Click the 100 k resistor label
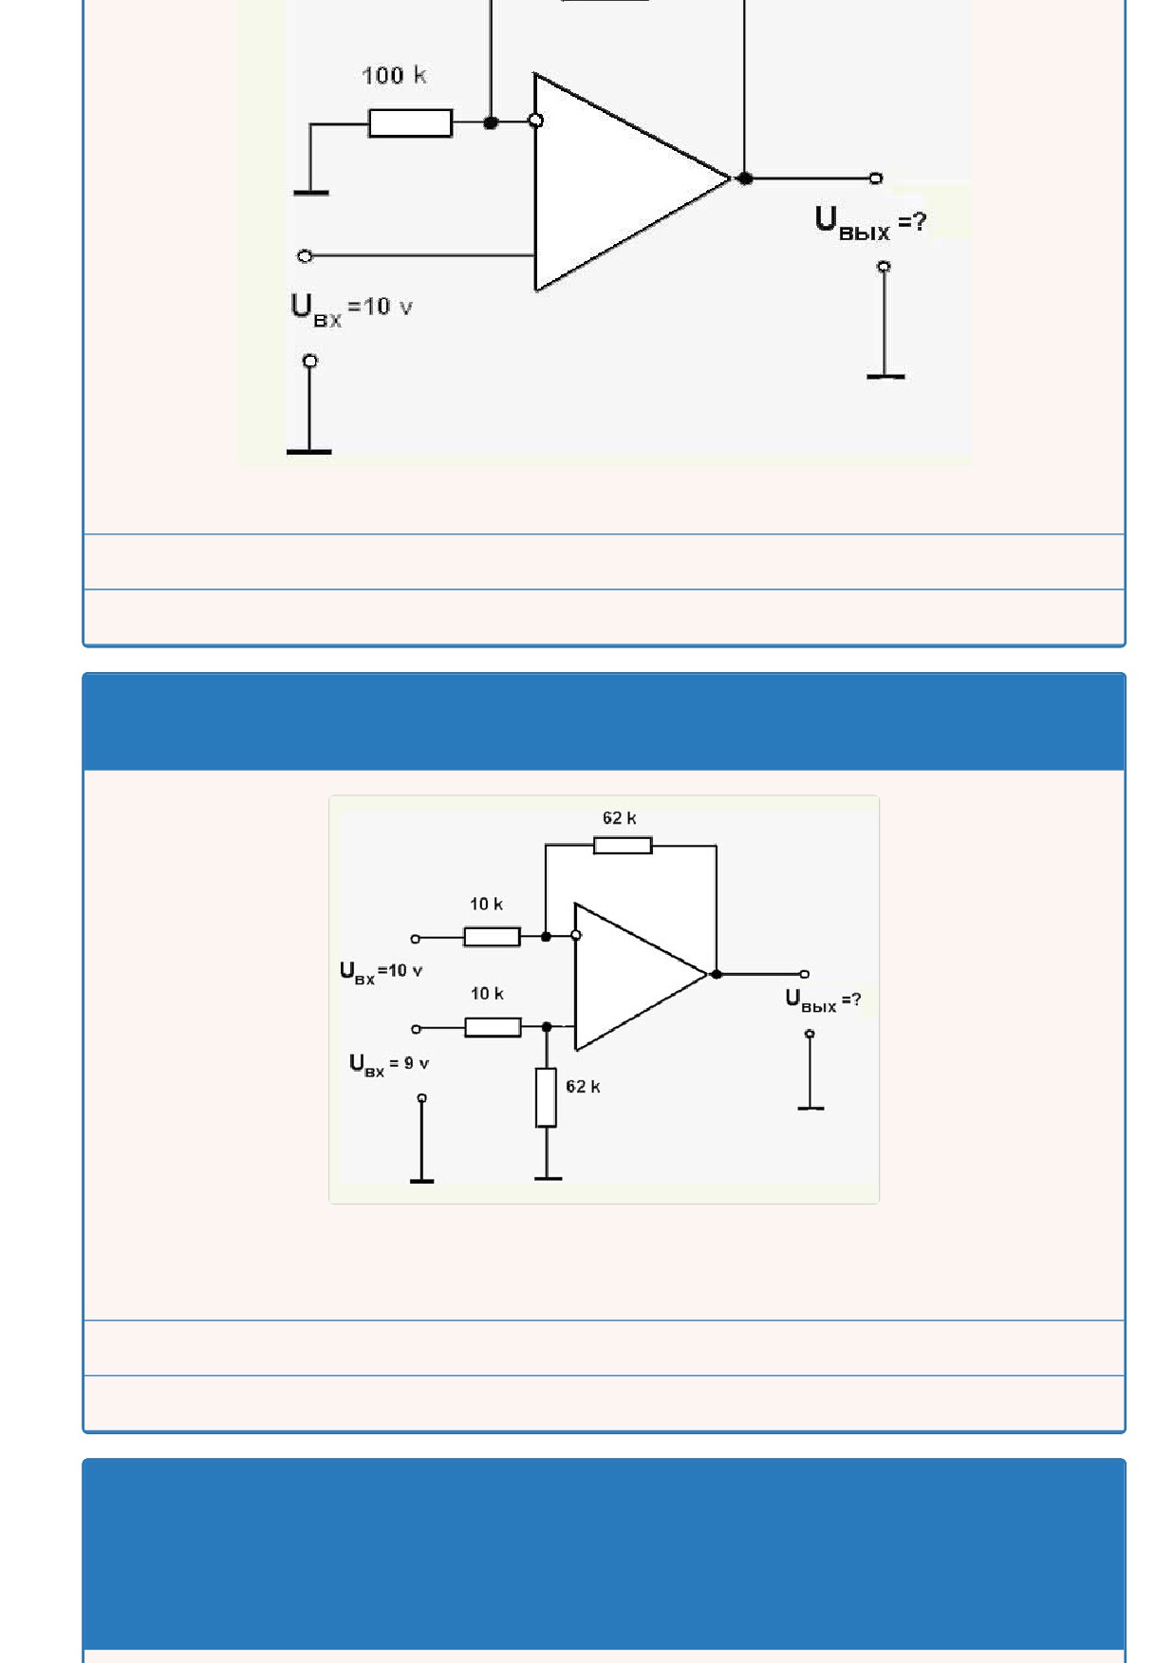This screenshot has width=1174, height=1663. tap(394, 76)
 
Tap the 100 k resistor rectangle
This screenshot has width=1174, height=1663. tap(410, 122)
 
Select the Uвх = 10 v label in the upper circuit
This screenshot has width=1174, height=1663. tap(351, 309)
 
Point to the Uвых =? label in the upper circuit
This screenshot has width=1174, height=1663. tap(869, 223)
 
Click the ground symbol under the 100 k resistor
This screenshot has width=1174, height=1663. tap(311, 193)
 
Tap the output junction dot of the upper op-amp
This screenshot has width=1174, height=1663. tap(745, 178)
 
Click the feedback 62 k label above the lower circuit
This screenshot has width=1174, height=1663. tap(619, 818)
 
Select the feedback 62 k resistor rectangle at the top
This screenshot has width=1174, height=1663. tap(623, 845)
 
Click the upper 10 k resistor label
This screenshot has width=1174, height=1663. tap(486, 905)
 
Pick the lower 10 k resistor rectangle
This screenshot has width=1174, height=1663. tap(493, 1027)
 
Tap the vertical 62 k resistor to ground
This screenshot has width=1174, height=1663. tap(546, 1097)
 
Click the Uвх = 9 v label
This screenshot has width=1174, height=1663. tap(389, 1065)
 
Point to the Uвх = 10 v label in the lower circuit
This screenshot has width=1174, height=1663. tap(381, 973)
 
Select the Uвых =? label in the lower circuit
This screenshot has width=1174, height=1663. tap(823, 1001)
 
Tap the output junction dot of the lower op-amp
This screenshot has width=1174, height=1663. tap(717, 974)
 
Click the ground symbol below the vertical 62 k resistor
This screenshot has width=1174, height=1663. tap(548, 1178)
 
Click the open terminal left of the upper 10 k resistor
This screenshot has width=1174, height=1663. tap(415, 939)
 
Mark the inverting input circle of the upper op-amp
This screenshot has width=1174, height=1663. tap(536, 121)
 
